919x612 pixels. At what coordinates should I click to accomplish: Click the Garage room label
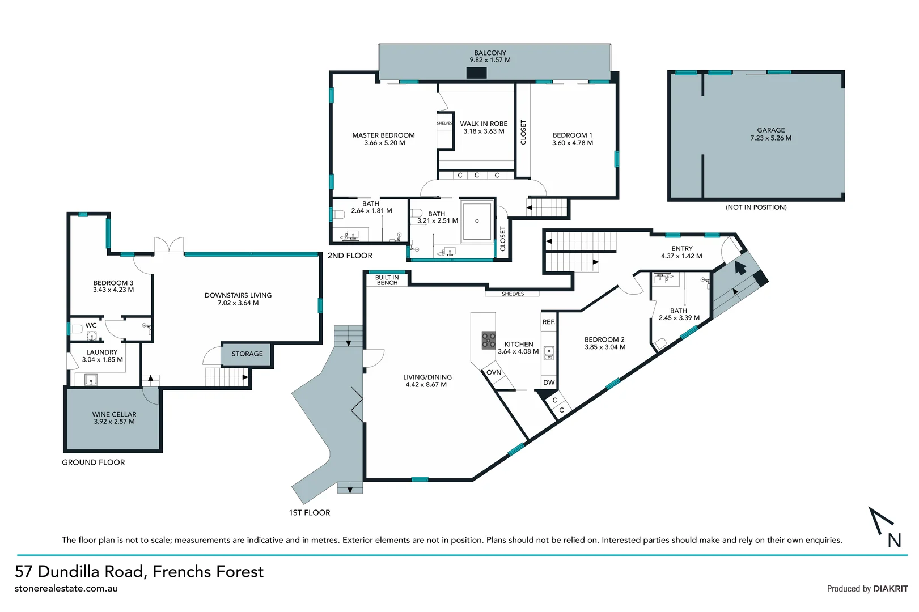click(771, 130)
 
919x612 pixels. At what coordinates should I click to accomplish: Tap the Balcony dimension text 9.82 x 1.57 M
click(490, 60)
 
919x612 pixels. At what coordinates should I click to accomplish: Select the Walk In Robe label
click(484, 124)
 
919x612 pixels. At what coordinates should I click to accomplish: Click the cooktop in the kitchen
click(488, 340)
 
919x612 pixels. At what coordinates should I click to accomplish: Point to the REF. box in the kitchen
click(549, 322)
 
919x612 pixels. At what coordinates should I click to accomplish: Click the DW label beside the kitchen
click(549, 382)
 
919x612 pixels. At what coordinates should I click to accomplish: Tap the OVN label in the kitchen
click(494, 372)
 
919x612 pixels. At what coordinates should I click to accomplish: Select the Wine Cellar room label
click(114, 414)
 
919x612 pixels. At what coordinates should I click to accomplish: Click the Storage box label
click(247, 354)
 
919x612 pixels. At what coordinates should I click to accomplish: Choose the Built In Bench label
click(387, 280)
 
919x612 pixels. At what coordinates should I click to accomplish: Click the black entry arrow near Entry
click(740, 267)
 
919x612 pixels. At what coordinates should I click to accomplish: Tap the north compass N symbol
click(894, 540)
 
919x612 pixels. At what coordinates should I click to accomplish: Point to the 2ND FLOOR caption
click(350, 256)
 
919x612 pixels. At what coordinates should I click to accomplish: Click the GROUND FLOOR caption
click(94, 462)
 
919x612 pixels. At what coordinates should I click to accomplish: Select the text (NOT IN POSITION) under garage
click(756, 207)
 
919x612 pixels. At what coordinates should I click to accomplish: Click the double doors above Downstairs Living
click(169, 245)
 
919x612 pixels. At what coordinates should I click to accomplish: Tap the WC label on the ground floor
click(91, 325)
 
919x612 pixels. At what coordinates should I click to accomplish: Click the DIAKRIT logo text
click(890, 589)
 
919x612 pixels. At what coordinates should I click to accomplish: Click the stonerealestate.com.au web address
click(66, 589)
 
